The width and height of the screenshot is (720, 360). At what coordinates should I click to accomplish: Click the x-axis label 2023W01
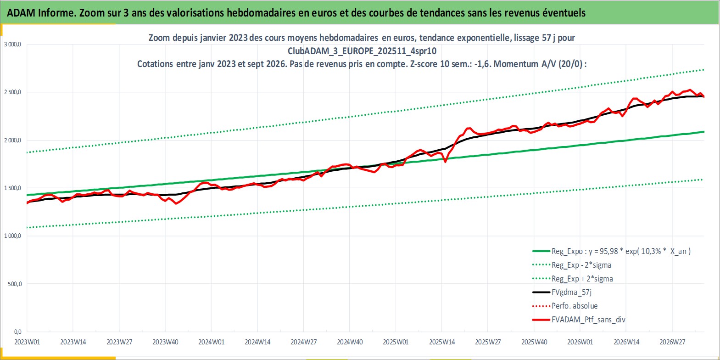[x=28, y=342]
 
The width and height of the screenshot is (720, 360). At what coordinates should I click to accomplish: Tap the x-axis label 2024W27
[x=304, y=342]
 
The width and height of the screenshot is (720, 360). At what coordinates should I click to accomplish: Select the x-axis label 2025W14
[x=442, y=342]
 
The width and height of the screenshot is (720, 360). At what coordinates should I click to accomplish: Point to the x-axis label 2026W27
[x=672, y=342]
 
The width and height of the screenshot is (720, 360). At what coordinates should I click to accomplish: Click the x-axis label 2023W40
[x=166, y=342]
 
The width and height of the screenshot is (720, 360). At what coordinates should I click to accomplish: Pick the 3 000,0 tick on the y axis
[x=12, y=45]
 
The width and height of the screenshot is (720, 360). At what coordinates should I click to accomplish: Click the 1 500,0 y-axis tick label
[x=12, y=188]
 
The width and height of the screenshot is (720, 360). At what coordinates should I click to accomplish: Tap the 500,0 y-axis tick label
[x=14, y=284]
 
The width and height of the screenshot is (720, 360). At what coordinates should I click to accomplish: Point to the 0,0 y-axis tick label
[x=18, y=332]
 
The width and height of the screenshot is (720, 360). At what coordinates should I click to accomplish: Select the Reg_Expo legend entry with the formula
[x=611, y=251]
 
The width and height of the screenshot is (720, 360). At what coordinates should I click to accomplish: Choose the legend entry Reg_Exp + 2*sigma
[x=572, y=279]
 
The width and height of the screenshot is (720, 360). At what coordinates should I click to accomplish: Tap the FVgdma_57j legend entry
[x=562, y=292]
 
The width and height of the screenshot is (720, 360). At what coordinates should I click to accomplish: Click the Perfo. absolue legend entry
[x=565, y=306]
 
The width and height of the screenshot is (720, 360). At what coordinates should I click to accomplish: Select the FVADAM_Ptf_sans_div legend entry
[x=579, y=320]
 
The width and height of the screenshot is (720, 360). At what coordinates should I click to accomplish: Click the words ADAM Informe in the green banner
[x=41, y=12]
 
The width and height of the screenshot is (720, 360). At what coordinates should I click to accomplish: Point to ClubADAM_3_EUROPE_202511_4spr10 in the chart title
[x=362, y=51]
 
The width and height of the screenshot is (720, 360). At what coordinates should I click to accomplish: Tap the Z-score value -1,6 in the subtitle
[x=482, y=64]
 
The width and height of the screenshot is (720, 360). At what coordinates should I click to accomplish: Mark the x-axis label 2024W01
[x=212, y=342]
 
